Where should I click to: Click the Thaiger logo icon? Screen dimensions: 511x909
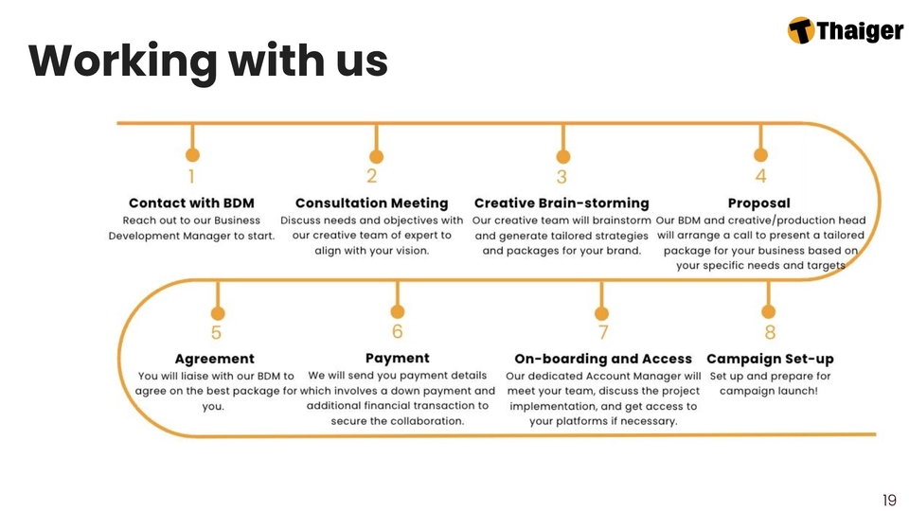click(x=801, y=30)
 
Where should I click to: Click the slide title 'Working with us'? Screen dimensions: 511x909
click(x=208, y=62)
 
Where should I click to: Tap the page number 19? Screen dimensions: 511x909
click(x=888, y=500)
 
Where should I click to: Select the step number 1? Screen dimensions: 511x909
click(x=191, y=177)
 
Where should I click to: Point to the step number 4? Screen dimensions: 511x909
click(x=760, y=177)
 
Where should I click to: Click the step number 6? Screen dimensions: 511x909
click(x=397, y=331)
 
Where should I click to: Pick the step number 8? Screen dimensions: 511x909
click(x=770, y=332)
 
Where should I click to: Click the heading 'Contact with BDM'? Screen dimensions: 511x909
click(x=191, y=203)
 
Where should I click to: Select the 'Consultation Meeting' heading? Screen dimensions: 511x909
click(x=371, y=203)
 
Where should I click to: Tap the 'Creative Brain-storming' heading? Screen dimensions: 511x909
click(x=561, y=203)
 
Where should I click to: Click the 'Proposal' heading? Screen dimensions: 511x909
click(x=759, y=203)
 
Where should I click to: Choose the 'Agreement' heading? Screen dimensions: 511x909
click(x=215, y=359)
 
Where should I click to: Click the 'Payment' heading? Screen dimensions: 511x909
click(x=397, y=358)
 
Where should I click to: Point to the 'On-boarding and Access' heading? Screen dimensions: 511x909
click(x=603, y=359)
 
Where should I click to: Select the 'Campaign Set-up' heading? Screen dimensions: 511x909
click(x=770, y=359)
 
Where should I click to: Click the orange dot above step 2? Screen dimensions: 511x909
click(x=376, y=156)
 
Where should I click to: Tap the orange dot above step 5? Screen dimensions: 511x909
click(x=218, y=313)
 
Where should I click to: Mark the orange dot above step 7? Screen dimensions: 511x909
click(x=600, y=312)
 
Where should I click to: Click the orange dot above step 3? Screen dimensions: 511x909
click(x=562, y=156)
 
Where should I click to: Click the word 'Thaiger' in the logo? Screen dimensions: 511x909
click(x=859, y=31)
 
